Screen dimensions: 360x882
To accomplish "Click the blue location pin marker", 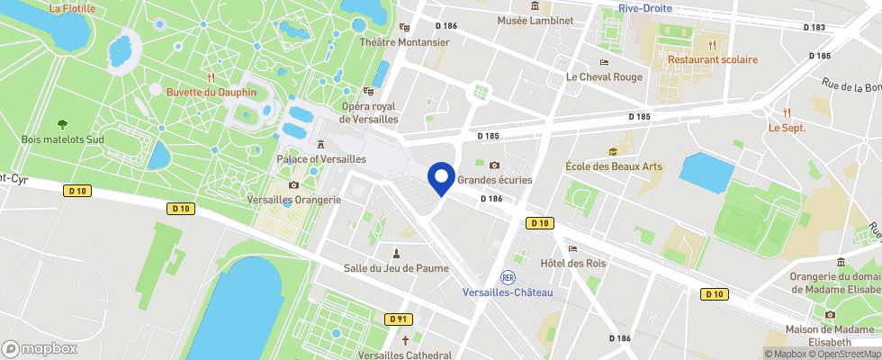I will [x=442, y=178].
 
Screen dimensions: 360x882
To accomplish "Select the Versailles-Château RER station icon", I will [x=508, y=277].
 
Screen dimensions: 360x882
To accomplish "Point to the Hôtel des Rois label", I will [x=572, y=263].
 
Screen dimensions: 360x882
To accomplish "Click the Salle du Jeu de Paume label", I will [x=396, y=267].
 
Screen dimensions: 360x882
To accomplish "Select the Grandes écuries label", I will [x=495, y=180].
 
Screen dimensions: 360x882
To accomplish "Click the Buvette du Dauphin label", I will [x=211, y=92].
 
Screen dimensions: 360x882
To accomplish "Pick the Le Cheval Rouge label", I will [x=604, y=77].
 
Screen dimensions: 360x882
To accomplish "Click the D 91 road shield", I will [x=399, y=319].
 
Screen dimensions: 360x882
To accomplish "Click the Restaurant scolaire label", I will [x=712, y=59].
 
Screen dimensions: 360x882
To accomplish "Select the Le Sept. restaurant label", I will [x=787, y=128].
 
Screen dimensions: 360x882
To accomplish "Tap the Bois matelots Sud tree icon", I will [x=62, y=124].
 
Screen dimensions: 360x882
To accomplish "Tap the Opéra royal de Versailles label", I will [x=368, y=112].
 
